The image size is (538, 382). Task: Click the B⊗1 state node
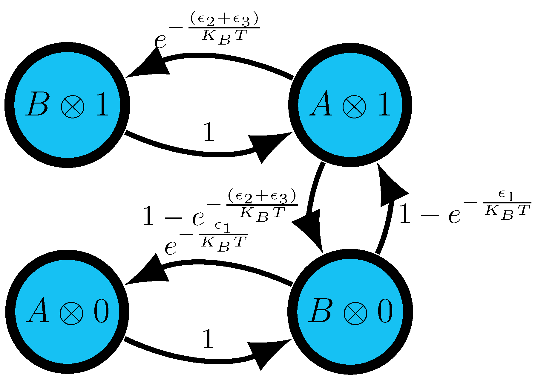(x=67, y=105)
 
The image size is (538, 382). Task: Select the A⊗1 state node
(x=350, y=105)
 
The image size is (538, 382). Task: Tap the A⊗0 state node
(x=67, y=311)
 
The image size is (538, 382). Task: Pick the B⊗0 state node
(x=350, y=311)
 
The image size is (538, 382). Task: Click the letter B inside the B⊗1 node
(x=37, y=104)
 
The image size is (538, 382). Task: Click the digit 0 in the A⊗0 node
(x=101, y=311)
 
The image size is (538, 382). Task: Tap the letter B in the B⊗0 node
(x=321, y=311)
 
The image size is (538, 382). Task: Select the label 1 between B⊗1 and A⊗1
(x=209, y=132)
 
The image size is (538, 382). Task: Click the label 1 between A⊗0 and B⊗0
(x=208, y=339)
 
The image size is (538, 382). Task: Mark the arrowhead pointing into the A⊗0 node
(x=148, y=272)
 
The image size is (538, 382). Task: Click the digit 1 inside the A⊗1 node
(x=384, y=104)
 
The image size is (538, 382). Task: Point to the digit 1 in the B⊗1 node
(x=102, y=104)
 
